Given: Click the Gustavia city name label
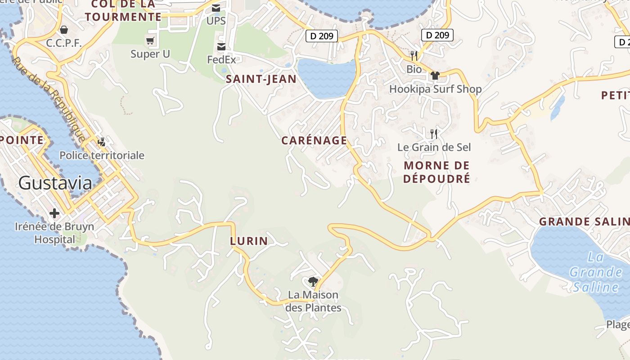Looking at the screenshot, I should (55, 183).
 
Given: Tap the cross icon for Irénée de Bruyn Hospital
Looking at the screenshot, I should (54, 213).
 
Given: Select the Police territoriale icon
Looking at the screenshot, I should (102, 142).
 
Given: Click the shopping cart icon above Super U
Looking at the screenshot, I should (150, 41).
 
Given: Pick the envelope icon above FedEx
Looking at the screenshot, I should (221, 47).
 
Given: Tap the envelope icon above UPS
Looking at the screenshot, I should (216, 8).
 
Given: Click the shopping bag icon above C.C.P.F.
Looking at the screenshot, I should (64, 30).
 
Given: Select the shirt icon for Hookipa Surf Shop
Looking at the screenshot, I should (435, 76).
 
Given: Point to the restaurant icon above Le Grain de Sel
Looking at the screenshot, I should (434, 134).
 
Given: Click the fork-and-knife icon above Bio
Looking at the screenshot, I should (414, 56).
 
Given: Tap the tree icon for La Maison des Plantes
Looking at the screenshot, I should (313, 282).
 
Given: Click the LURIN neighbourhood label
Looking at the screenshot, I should (249, 241).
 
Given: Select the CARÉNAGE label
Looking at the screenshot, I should (314, 140).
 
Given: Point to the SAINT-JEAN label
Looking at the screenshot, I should (261, 80).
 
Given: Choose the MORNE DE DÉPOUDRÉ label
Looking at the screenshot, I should (436, 172).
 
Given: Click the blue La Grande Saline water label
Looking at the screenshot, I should (595, 272).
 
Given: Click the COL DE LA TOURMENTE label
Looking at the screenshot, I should (123, 11).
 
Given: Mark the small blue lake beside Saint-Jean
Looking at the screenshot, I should (326, 79).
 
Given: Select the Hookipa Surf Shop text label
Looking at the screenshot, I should (435, 89).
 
